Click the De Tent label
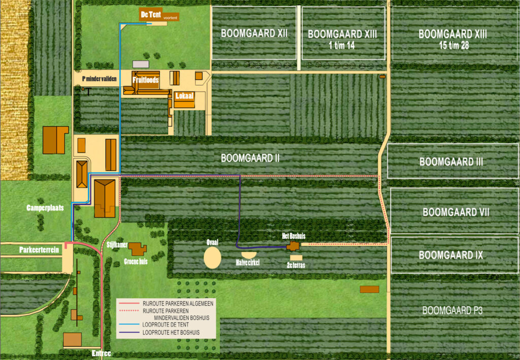coord(151,14)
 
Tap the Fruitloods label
coord(146,80)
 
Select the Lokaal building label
coord(183,95)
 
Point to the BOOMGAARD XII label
coord(254,34)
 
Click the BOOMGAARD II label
coord(250,158)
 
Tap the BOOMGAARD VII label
coord(456,212)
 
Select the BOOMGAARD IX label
coord(450,255)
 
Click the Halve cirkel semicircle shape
coord(249,254)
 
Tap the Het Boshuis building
coord(294,246)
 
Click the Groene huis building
coord(137,249)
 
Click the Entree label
coord(101,353)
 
